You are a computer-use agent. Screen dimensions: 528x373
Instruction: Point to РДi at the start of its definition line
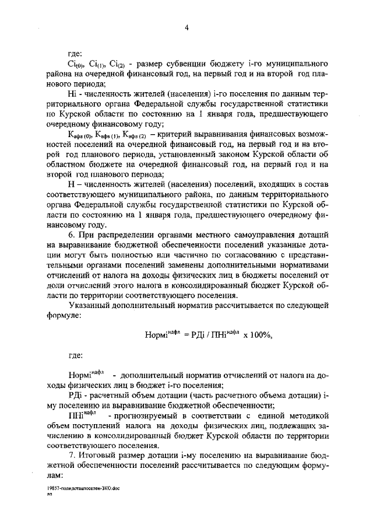(x=75, y=395)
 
